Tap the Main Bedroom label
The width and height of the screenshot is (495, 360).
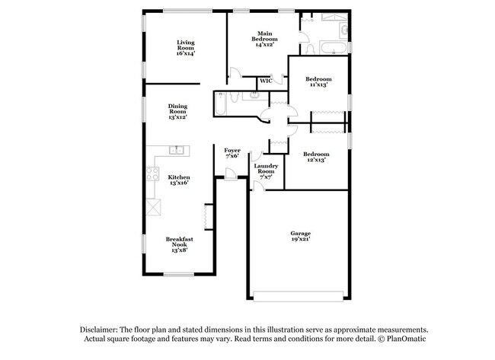tap(264, 39)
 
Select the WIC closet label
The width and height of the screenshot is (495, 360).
tap(266, 81)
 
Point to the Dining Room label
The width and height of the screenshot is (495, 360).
tap(177, 112)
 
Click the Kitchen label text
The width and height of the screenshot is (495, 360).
tap(178, 180)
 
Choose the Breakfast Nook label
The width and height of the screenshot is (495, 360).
tap(179, 243)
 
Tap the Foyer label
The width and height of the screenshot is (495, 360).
tap(232, 153)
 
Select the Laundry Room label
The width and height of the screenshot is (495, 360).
tap(265, 170)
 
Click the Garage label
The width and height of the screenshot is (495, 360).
tap(300, 236)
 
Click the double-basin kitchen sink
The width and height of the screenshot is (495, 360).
tap(177, 150)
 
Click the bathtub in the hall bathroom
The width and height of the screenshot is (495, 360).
tap(219, 104)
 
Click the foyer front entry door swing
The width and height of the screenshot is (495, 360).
tap(229, 174)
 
